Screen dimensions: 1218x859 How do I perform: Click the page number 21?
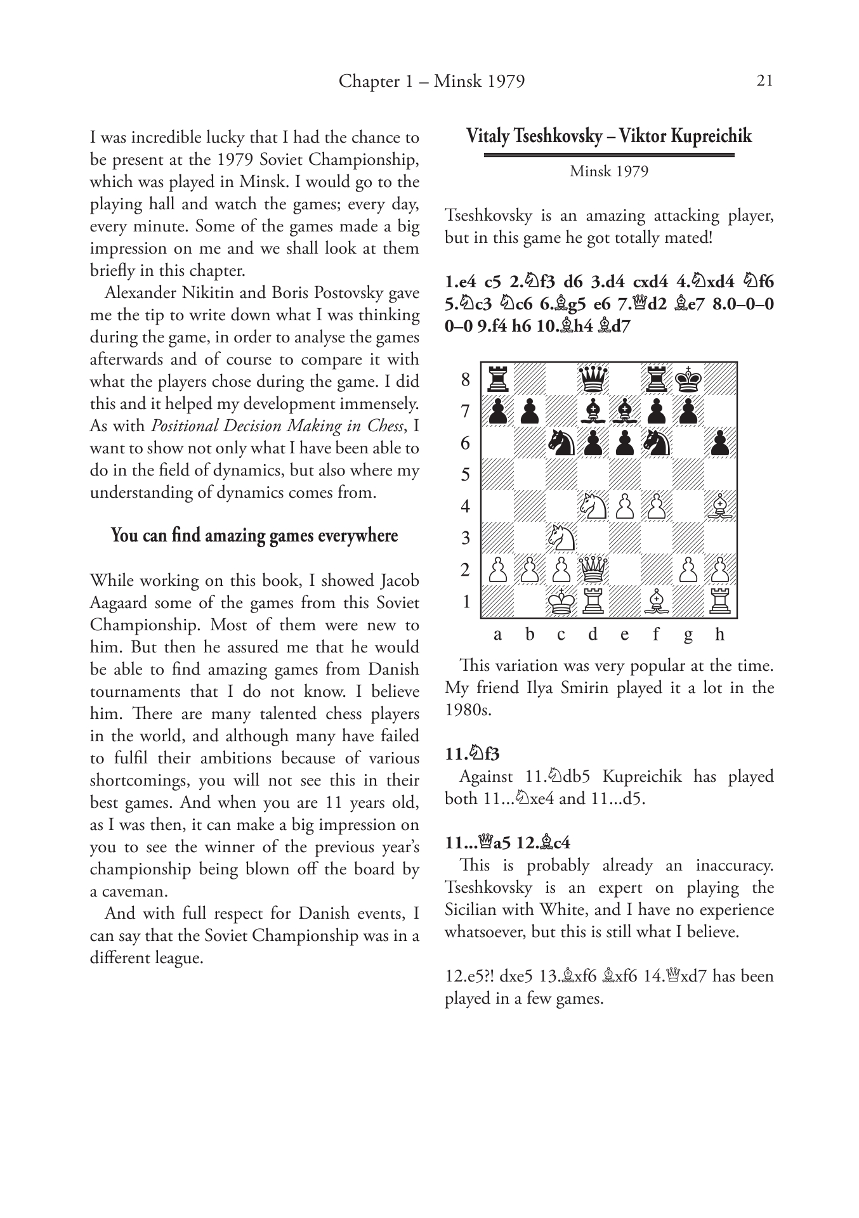point(764,81)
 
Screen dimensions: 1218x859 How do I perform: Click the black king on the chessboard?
point(688,379)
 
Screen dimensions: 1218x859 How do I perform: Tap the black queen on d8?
point(593,379)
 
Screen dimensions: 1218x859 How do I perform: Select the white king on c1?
point(561,601)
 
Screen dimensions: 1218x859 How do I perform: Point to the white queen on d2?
point(593,569)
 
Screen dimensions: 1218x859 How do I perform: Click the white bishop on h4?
point(720,506)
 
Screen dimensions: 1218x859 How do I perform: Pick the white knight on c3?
point(561,538)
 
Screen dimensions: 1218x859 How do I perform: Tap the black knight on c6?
point(561,443)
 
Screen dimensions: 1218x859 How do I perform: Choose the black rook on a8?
point(497,379)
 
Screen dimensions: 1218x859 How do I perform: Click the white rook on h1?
point(720,601)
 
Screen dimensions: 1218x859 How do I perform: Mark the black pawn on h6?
point(720,443)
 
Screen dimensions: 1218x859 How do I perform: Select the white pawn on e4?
point(625,506)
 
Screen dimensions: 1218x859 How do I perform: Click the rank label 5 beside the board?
point(466,474)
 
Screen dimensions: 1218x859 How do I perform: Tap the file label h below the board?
point(719,635)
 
